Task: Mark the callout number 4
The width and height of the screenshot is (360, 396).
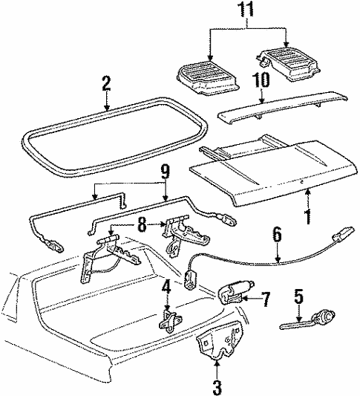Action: pyautogui.click(x=166, y=285)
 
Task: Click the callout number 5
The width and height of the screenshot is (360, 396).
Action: pyautogui.click(x=298, y=297)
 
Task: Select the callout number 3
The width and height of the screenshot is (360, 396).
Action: pyautogui.click(x=217, y=386)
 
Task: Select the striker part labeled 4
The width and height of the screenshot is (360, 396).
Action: pyautogui.click(x=169, y=321)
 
